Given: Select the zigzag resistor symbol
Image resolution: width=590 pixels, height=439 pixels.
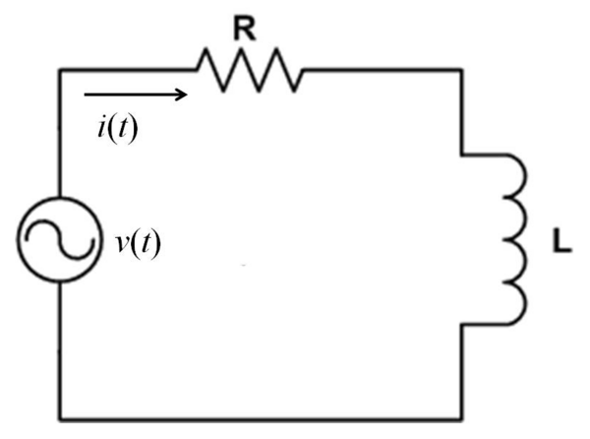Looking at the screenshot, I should pyautogui.click(x=249, y=70).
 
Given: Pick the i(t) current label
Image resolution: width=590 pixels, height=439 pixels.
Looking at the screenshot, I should pyautogui.click(x=116, y=128).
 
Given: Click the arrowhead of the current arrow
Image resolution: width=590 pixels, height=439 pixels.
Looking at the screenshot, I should pyautogui.click(x=181, y=95).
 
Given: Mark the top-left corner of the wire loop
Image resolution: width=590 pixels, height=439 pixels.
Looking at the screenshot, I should pyautogui.click(x=61, y=70).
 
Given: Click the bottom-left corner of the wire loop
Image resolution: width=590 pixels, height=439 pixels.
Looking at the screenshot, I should pyautogui.click(x=61, y=412).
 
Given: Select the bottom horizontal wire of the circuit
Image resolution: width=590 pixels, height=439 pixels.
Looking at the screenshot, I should pyautogui.click(x=261, y=412).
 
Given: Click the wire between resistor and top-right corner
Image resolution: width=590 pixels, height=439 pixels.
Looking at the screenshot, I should pyautogui.click(x=383, y=70).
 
